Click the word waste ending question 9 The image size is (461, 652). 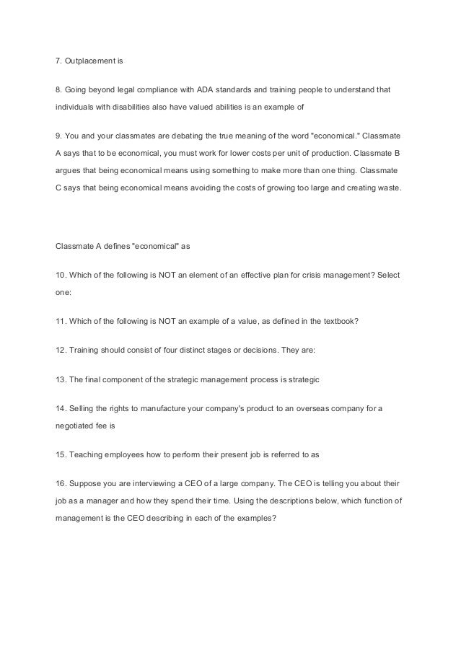point(392,188)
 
